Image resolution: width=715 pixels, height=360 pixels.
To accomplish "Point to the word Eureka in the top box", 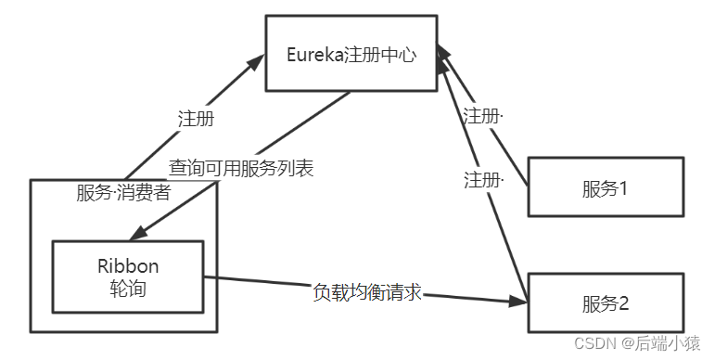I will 315,53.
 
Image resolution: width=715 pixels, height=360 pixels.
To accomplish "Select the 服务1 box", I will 606,188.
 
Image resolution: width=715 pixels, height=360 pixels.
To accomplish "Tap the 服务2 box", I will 606,302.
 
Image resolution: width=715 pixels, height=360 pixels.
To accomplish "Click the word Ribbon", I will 128,265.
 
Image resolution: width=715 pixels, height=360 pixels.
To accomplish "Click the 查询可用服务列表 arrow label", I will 241,169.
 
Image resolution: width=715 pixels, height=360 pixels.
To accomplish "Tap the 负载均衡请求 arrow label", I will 367,291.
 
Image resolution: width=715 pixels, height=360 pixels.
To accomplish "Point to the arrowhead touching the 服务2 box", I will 519,302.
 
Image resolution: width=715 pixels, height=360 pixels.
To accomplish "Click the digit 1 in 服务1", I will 624,188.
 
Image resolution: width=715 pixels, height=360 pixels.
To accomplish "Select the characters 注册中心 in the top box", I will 379,53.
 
